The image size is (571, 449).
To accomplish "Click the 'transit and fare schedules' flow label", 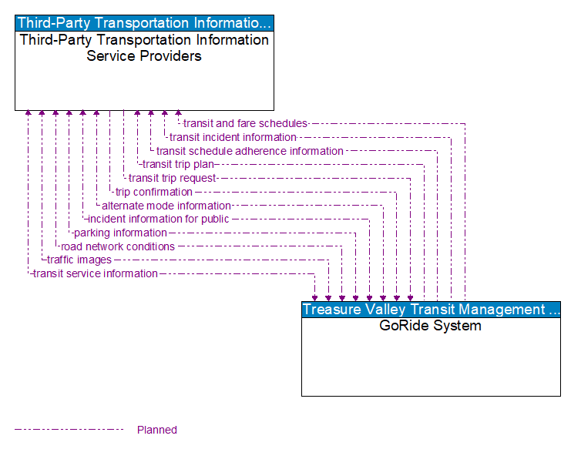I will (245, 123).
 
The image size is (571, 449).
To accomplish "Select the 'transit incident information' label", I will (233, 137).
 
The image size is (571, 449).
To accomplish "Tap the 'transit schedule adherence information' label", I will (250, 151).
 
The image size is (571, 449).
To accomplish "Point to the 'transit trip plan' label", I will (178, 164).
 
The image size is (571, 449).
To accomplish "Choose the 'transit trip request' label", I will (172, 178).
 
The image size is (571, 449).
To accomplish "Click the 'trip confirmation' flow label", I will (153, 192).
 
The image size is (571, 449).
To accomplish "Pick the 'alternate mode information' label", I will (166, 206).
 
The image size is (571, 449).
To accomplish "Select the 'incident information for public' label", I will (158, 219).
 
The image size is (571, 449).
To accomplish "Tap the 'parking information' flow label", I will (119, 233).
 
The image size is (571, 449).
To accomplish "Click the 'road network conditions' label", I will (117, 246).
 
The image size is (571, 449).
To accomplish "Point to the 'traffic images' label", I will (79, 260).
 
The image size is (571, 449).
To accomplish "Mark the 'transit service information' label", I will (95, 273).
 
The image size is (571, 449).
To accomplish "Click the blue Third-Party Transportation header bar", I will (144, 23).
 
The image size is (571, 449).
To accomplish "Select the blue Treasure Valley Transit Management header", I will (431, 310).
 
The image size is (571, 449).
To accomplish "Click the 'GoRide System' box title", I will (431, 326).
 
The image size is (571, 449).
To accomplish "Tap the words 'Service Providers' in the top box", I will (144, 56).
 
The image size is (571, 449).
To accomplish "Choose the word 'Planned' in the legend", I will (157, 430).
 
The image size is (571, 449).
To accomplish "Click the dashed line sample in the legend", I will (69, 430).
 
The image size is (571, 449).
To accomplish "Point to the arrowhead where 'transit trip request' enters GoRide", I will (410, 297).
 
